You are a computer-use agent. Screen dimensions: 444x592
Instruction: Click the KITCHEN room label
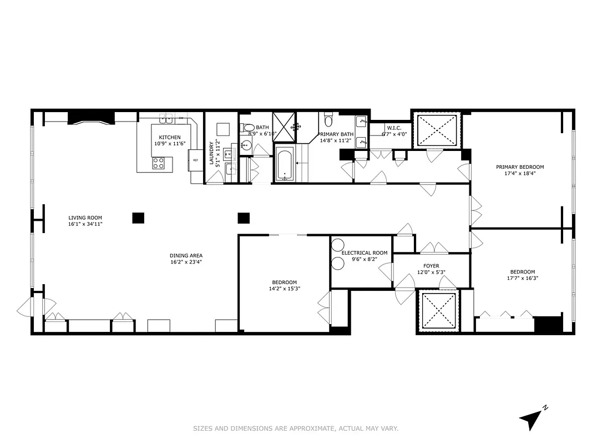pos(170,137)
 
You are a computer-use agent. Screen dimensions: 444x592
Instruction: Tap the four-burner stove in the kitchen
pos(158,163)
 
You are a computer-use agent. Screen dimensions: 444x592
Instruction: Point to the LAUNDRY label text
pos(211,153)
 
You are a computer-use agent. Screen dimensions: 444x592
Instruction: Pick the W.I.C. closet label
pos(394,128)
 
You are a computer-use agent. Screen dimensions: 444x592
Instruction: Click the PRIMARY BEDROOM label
pos(520,167)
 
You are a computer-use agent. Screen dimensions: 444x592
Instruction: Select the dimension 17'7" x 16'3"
pos(522,278)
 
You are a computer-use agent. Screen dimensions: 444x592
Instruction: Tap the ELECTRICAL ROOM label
pos(364,253)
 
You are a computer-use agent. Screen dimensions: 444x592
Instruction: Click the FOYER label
pos(431,265)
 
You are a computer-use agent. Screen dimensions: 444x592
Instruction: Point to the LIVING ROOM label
pos(85,218)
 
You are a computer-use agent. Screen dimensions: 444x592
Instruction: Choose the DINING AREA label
pos(185,255)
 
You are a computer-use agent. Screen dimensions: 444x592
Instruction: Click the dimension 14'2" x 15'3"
pos(284,288)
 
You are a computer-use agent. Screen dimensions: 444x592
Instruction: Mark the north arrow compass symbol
pos(532,418)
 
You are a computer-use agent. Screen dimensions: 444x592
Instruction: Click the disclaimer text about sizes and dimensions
pos(296,428)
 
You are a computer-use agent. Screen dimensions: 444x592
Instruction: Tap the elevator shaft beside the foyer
pos(439,310)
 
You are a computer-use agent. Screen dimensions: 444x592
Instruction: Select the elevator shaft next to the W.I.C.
pos(436,130)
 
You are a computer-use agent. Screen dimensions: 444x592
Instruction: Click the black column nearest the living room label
pos(138,218)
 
